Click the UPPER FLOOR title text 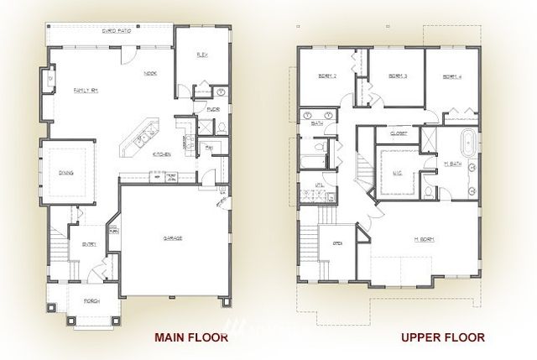(x=443, y=337)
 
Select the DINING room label (x=67, y=173)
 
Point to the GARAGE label (x=173, y=237)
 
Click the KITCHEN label (x=162, y=154)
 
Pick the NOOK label (x=150, y=73)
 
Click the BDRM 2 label (x=327, y=76)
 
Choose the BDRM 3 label (x=398, y=76)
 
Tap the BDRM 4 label (x=453, y=76)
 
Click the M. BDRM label (x=423, y=240)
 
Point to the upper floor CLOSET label (x=399, y=133)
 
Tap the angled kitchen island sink (x=141, y=134)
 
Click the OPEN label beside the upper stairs (x=337, y=246)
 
